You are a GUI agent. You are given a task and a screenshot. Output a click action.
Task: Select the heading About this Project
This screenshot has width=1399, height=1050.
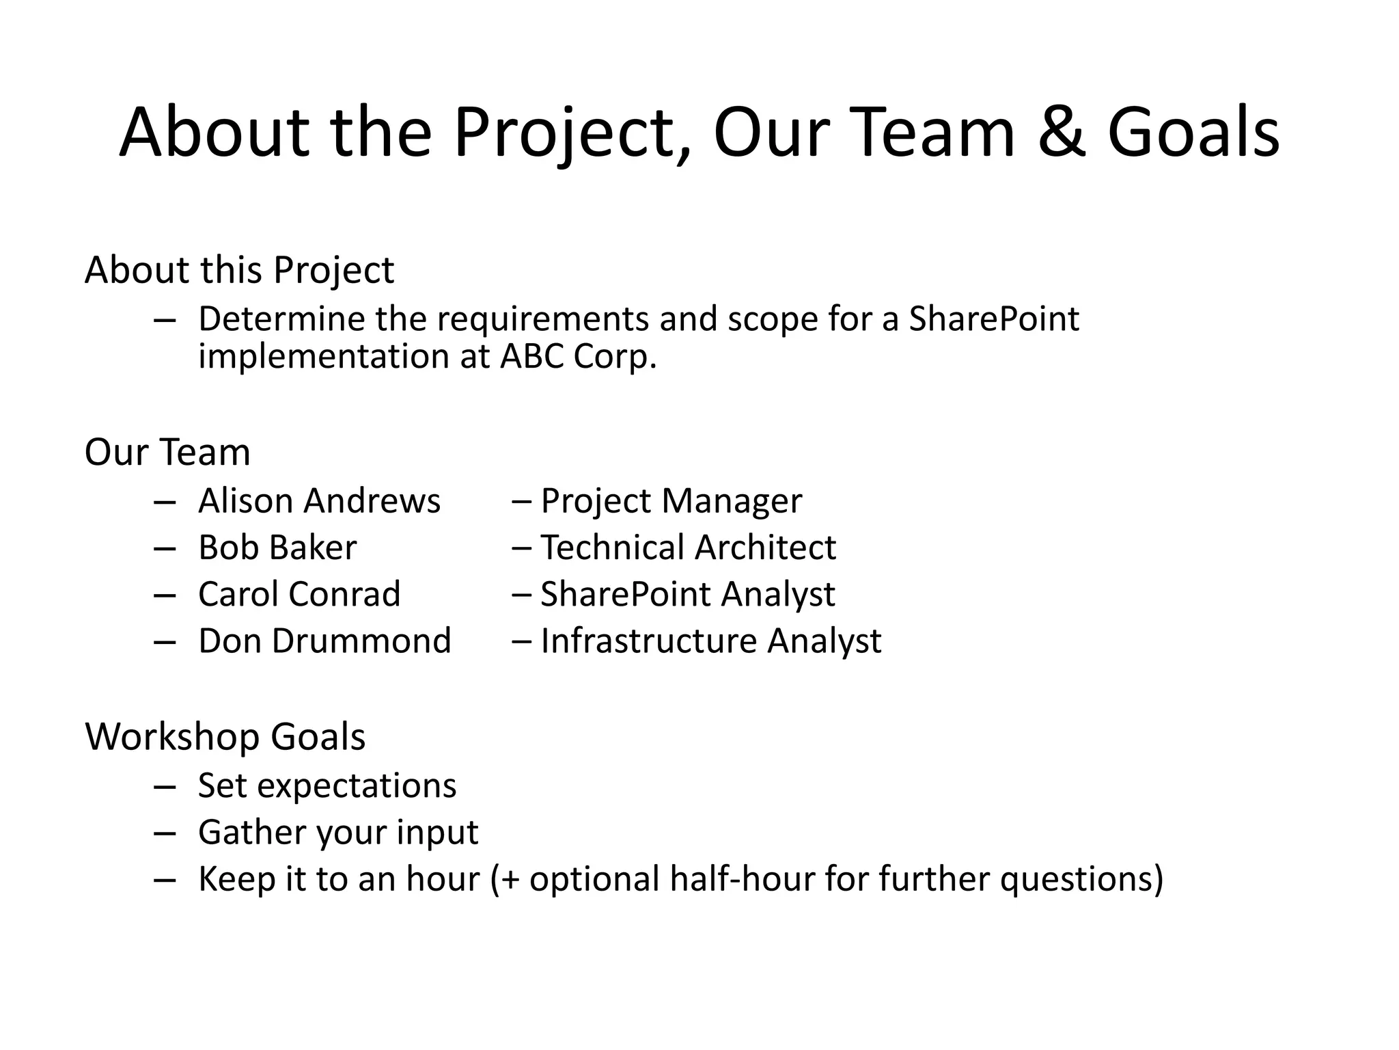239,270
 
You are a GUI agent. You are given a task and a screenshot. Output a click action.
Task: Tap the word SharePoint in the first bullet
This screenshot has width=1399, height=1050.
994,319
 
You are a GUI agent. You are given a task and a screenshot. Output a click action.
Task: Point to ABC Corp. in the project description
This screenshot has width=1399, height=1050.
578,356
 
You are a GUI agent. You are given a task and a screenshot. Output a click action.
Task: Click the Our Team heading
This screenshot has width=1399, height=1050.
167,453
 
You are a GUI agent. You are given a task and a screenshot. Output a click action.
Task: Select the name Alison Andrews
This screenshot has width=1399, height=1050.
319,501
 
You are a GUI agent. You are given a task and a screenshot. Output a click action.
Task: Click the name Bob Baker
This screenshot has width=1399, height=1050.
277,548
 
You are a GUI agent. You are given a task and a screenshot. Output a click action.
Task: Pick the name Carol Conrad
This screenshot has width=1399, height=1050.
299,594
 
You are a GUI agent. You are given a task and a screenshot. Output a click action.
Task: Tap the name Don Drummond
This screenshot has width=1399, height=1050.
324,641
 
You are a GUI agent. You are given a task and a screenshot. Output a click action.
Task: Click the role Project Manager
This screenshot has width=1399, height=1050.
671,501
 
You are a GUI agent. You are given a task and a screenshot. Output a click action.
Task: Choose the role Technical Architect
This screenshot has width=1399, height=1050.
688,548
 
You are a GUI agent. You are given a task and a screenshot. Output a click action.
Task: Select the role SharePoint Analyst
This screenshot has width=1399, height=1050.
687,594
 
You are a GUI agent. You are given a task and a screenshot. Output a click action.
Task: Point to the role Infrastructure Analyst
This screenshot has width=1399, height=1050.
710,641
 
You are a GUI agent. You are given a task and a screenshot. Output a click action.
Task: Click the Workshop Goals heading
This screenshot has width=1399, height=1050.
225,737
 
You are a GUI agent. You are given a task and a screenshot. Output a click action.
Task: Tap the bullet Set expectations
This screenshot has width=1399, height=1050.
327,785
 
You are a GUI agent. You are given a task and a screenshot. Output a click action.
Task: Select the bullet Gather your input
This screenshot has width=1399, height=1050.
338,833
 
